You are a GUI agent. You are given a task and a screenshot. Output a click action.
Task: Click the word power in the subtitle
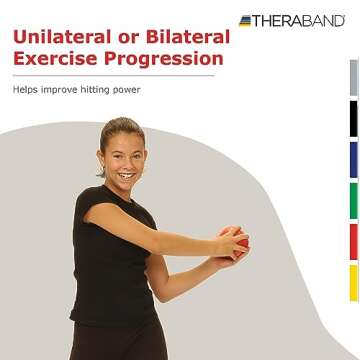tap(123, 91)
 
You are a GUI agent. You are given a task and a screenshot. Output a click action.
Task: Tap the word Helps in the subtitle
tap(26, 91)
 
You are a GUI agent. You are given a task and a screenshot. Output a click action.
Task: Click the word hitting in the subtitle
tap(90, 91)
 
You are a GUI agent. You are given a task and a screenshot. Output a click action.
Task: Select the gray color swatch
tap(353, 78)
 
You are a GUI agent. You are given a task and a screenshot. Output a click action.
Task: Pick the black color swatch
tap(353, 119)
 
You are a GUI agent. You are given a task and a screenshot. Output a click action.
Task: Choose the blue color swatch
tap(353, 160)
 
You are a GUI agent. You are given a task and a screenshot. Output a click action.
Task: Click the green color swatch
tap(353, 201)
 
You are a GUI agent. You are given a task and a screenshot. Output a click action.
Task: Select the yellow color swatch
tap(353, 284)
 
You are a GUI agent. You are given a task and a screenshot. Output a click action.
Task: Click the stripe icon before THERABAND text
tap(246, 20)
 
